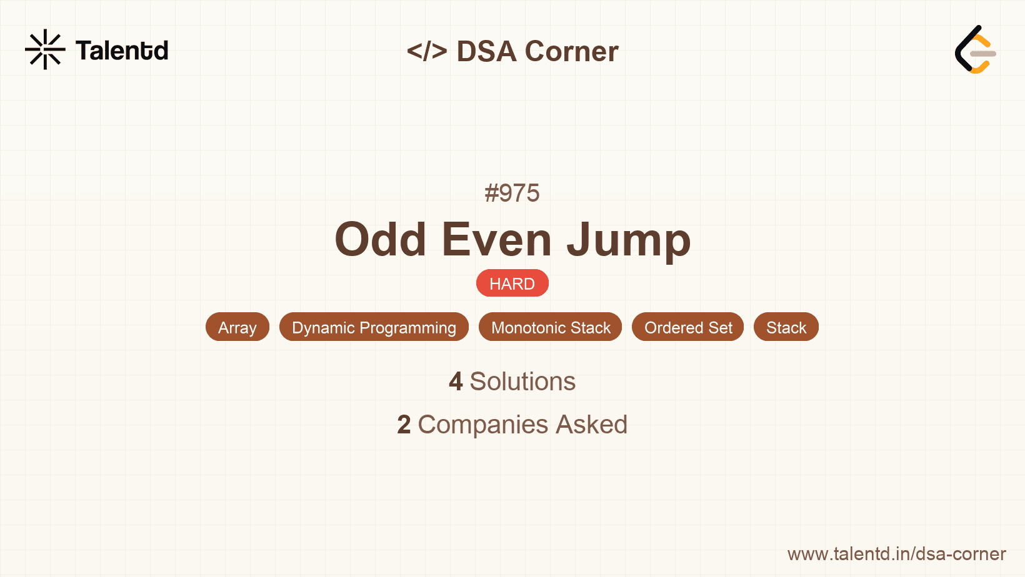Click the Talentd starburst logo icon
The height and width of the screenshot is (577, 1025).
pyautogui.click(x=45, y=49)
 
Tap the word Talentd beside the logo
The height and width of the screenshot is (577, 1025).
pyautogui.click(x=122, y=51)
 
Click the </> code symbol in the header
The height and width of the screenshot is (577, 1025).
pyautogui.click(x=427, y=51)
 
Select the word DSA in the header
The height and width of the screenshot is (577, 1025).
pyautogui.click(x=486, y=51)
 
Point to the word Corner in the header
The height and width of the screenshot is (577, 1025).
pyautogui.click(x=571, y=51)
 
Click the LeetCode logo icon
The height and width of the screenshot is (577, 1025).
pyautogui.click(x=975, y=50)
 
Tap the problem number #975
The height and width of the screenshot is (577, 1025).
pyautogui.click(x=512, y=193)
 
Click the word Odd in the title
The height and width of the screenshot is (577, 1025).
pyautogui.click(x=380, y=240)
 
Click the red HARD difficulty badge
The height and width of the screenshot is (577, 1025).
pyautogui.click(x=512, y=284)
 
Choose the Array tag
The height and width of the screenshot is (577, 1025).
pyautogui.click(x=237, y=327)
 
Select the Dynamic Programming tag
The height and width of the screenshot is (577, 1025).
pyautogui.click(x=374, y=327)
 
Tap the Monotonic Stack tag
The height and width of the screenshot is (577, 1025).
pyautogui.click(x=551, y=327)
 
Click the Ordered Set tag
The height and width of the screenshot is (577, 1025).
pyautogui.click(x=688, y=327)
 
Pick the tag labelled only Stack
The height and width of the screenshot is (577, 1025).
pyautogui.click(x=786, y=327)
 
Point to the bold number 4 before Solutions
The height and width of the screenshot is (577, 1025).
pyautogui.click(x=456, y=382)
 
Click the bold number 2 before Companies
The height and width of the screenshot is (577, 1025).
pyautogui.click(x=404, y=425)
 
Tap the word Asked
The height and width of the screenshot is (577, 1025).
pyautogui.click(x=591, y=425)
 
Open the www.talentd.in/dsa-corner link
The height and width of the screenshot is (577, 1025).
pyautogui.click(x=896, y=554)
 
